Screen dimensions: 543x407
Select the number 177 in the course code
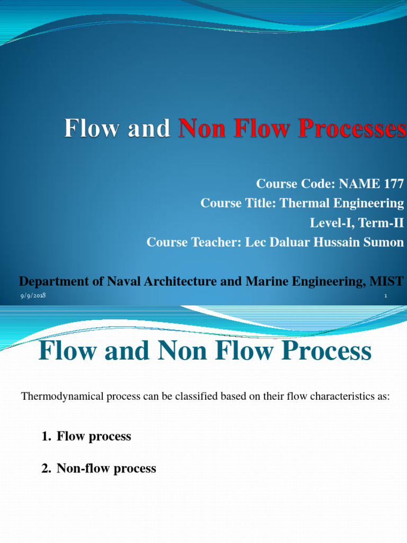point(392,184)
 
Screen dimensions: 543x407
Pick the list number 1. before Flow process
point(46,436)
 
